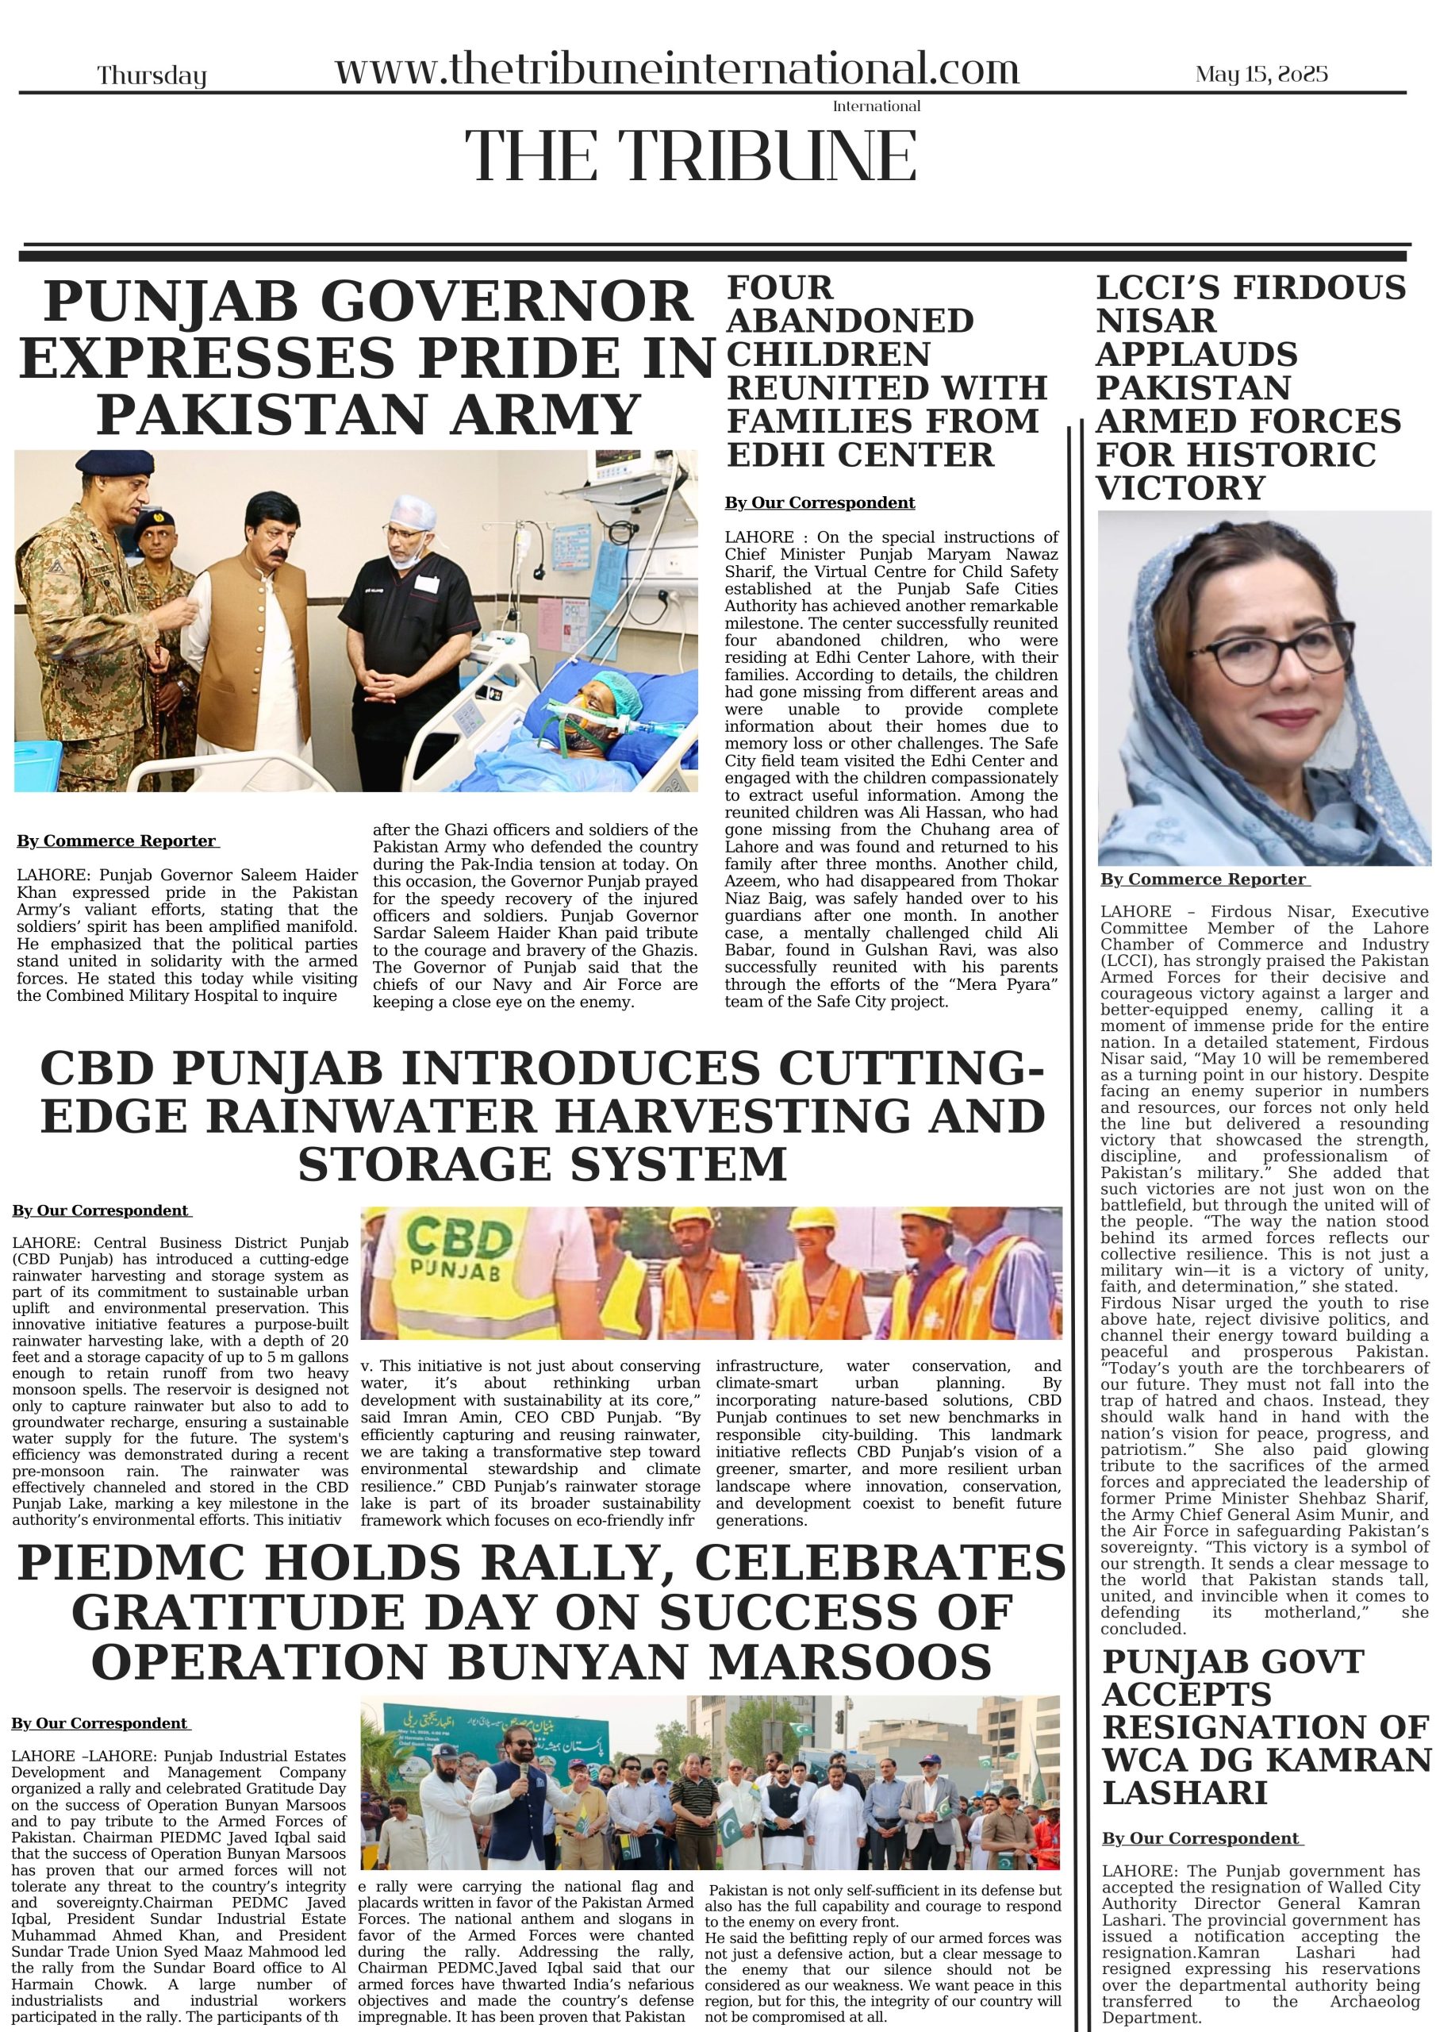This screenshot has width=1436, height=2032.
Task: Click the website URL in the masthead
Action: [677, 69]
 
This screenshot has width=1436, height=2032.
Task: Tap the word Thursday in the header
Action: [152, 76]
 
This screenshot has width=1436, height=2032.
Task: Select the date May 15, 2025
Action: [1261, 75]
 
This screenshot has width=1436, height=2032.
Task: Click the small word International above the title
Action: [876, 106]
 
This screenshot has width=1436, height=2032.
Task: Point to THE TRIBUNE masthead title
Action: [690, 156]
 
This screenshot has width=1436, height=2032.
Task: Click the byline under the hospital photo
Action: [117, 841]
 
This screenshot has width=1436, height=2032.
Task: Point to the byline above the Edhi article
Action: [820, 502]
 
